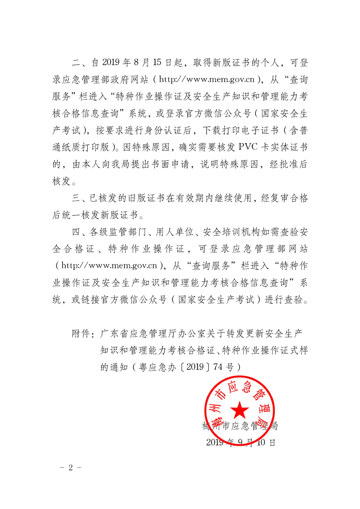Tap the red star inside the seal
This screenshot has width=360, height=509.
239,410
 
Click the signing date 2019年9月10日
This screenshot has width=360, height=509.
241,442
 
